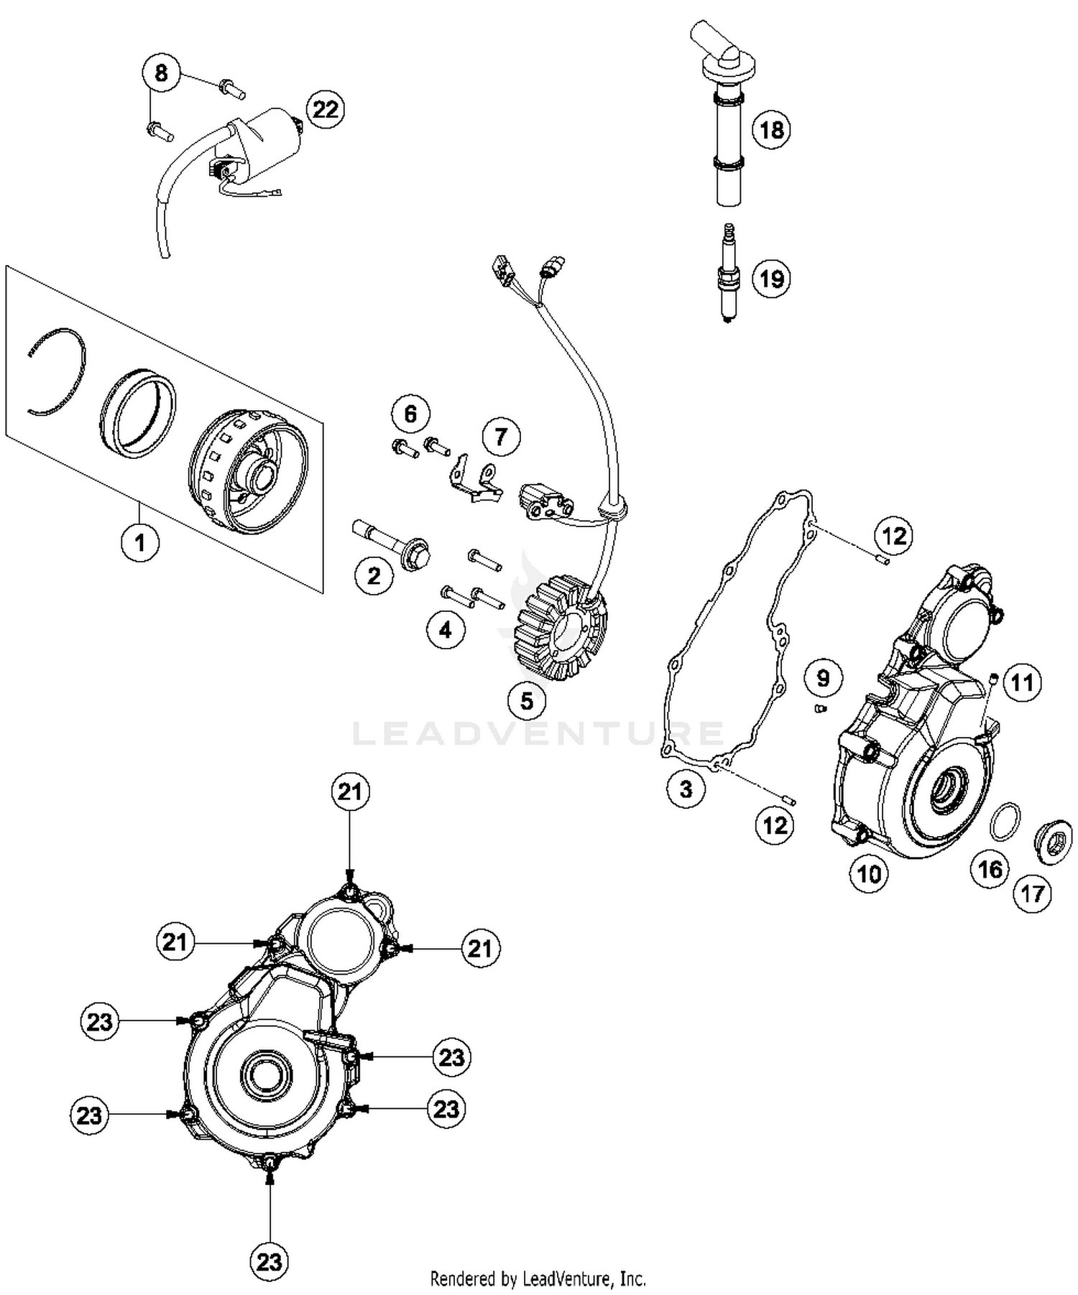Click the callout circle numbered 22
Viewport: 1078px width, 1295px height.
click(x=325, y=109)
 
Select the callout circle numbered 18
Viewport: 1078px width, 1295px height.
click(x=770, y=130)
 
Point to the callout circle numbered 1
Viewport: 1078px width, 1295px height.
click(x=139, y=542)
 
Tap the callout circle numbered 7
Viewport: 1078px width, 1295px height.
click(x=500, y=436)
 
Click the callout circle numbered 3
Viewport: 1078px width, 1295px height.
click(x=686, y=789)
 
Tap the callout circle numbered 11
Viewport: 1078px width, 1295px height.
click(x=1021, y=682)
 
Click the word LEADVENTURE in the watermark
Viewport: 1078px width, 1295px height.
click(x=539, y=733)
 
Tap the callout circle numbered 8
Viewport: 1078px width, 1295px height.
click(x=161, y=73)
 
